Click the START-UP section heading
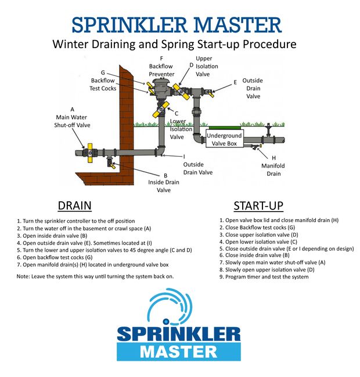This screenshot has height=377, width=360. tap(258, 205)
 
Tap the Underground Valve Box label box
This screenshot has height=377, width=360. tap(224, 139)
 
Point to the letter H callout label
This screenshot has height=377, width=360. tap(273, 157)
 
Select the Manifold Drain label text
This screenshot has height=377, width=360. tap(273, 169)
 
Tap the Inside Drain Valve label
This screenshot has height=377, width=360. tap(164, 182)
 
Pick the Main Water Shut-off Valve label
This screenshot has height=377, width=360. tap(72, 120)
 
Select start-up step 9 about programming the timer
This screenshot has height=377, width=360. tap(264, 277)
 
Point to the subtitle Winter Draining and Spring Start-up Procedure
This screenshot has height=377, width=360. tap(174, 44)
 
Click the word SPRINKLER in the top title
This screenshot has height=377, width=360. tap(123, 24)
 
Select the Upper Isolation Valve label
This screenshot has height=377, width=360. tap(204, 66)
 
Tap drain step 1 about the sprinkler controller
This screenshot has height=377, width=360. tap(75, 221)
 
